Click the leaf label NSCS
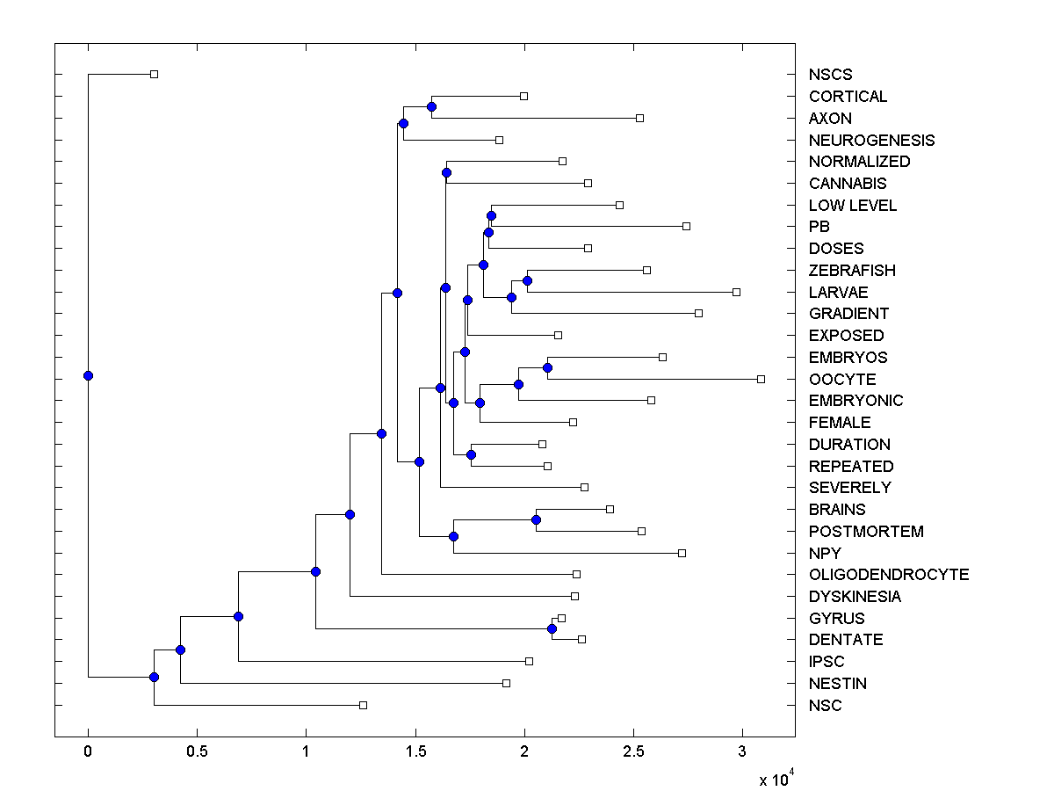click(x=830, y=75)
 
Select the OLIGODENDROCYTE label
click(x=889, y=575)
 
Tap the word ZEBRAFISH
click(x=852, y=271)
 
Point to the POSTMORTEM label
click(x=866, y=532)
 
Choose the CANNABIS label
click(x=848, y=184)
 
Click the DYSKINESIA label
click(x=855, y=597)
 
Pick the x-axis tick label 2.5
click(x=633, y=751)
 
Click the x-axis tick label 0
click(x=88, y=751)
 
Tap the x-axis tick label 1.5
click(x=415, y=751)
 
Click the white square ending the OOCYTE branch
click(x=761, y=379)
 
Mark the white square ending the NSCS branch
click(x=154, y=74)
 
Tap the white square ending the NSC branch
click(x=363, y=705)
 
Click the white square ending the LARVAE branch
click(x=736, y=292)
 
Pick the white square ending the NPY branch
click(x=682, y=553)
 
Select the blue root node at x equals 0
click(x=88, y=375)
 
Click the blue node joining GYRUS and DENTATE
click(x=552, y=628)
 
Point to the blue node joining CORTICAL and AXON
click(x=431, y=106)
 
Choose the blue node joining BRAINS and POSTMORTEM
click(x=536, y=519)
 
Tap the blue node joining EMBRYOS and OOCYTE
click(x=547, y=367)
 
